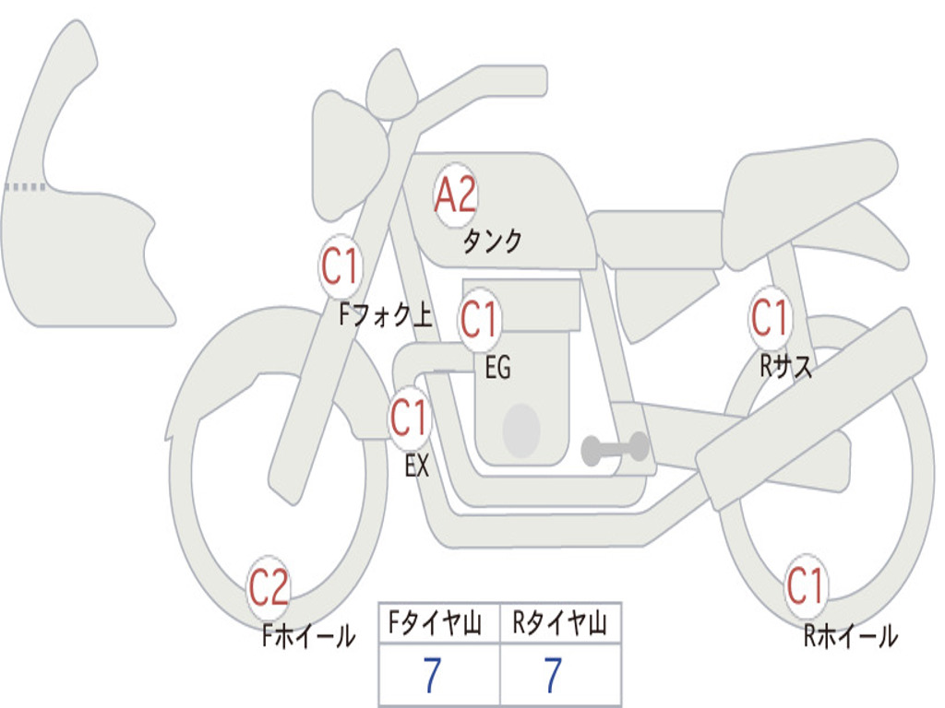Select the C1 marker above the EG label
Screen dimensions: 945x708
(479, 320)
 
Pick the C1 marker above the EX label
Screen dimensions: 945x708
(409, 419)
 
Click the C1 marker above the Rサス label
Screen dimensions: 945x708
(770, 317)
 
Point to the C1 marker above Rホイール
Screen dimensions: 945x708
(805, 586)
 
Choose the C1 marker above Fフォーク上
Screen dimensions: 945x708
(340, 267)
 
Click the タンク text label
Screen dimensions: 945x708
(492, 242)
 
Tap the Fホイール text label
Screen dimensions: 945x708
(308, 635)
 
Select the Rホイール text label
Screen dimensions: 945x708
(849, 635)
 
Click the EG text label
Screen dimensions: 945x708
(497, 368)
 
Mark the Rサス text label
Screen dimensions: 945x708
(786, 367)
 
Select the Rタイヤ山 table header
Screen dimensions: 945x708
(559, 625)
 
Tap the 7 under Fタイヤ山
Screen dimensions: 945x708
(431, 676)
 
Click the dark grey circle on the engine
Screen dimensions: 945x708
(520, 431)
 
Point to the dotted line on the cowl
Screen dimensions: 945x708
(24, 187)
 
